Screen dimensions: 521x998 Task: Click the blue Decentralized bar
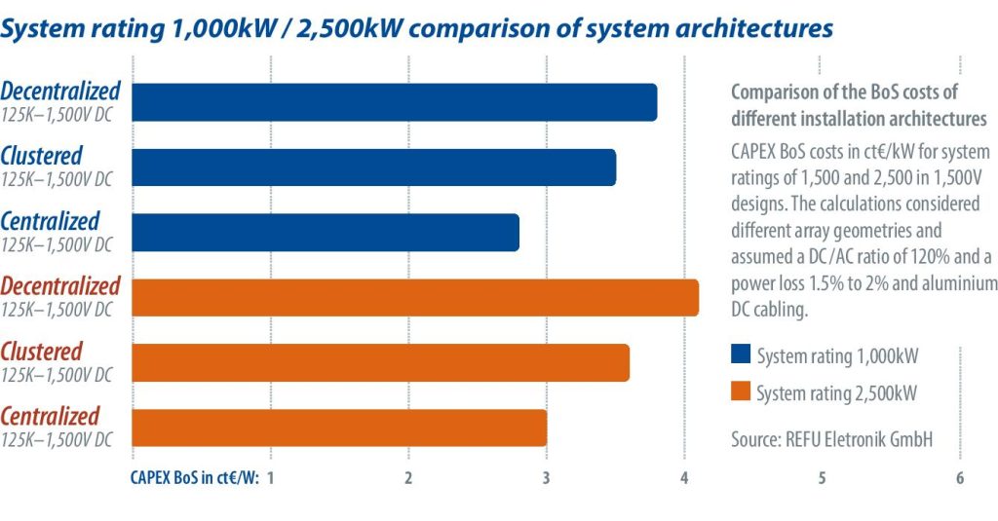[394, 102]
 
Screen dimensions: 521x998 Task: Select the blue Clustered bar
[373, 167]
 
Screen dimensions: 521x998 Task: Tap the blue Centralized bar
[325, 233]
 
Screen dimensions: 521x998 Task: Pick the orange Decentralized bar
[414, 297]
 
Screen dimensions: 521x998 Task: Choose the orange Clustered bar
[380, 362]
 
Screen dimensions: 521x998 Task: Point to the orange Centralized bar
[338, 428]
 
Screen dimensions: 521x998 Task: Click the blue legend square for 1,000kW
[740, 355]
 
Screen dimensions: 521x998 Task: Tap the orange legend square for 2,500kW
[740, 391]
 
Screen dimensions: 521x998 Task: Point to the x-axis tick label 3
[547, 478]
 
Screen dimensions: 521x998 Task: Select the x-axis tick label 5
[823, 478]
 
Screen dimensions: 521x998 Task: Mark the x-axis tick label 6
[960, 478]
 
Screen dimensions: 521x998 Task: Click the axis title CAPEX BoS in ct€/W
[194, 478]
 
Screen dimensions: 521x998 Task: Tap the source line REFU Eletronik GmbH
[831, 439]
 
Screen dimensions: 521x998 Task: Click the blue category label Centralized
[51, 221]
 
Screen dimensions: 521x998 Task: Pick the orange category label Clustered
[42, 351]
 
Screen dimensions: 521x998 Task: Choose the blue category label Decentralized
[60, 91]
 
